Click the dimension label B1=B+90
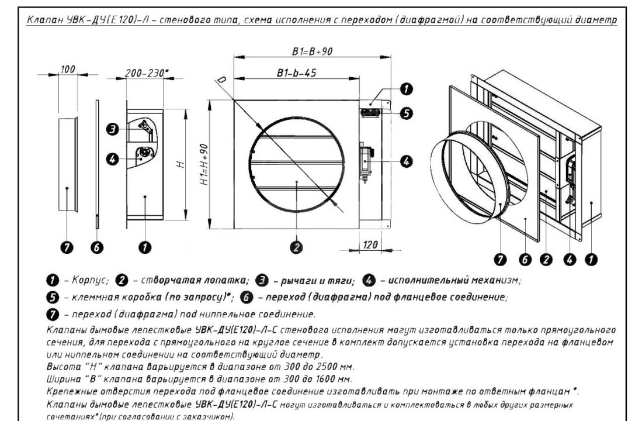[x=312, y=51]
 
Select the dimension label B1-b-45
[x=296, y=73]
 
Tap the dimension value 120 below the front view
[x=370, y=245]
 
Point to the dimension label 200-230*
[x=147, y=73]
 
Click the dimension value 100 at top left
[x=68, y=69]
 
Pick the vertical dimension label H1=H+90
[x=204, y=164]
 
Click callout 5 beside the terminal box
[x=406, y=113]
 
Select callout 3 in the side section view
[x=113, y=130]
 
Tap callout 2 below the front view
[x=296, y=247]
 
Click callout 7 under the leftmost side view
[x=67, y=247]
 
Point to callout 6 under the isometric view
[x=525, y=260]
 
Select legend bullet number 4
[x=369, y=281]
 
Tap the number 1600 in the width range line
[x=325, y=379]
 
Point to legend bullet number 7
[x=53, y=315]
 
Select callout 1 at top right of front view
[x=406, y=89]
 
